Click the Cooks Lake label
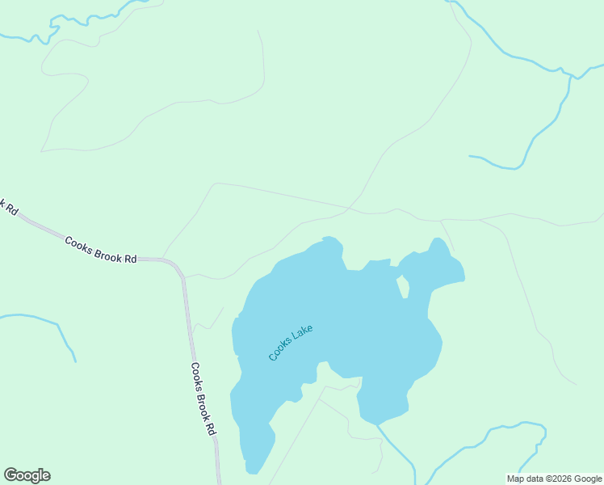point(290,343)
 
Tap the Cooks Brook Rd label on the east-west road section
point(101,251)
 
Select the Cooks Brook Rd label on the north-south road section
point(204,399)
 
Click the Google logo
point(27,475)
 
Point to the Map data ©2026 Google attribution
point(554,479)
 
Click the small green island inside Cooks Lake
point(404,287)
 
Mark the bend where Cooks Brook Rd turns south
point(179,268)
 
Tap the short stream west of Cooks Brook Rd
point(48,323)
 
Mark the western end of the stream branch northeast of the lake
point(471,156)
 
